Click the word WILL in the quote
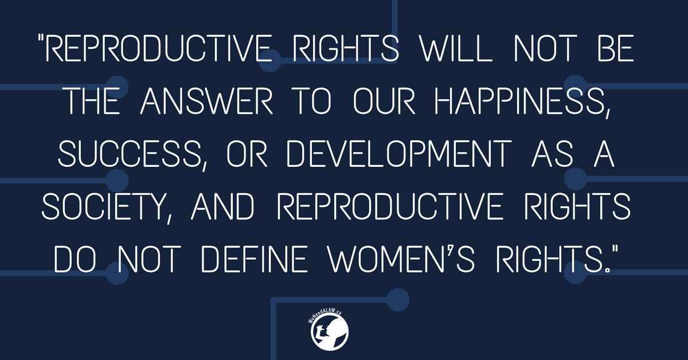(456, 48)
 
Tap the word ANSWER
(206, 101)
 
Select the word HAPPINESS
(519, 101)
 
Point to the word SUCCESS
(130, 154)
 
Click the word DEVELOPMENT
(398, 154)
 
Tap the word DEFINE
(255, 259)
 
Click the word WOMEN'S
(402, 259)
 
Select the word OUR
(384, 101)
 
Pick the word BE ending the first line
(616, 48)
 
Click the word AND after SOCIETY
(222, 206)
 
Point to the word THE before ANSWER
(93, 101)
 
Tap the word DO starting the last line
(75, 259)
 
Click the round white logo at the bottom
(329, 332)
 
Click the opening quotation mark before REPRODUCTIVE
(41, 38)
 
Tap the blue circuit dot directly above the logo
(398, 300)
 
